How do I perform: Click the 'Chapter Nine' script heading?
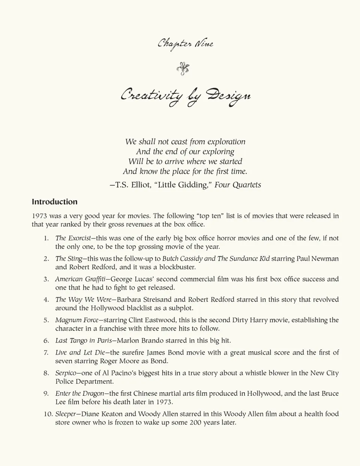(x=185, y=44)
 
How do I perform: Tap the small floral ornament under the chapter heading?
(x=183, y=69)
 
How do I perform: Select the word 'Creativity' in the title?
(x=152, y=95)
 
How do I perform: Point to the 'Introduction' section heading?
(x=54, y=202)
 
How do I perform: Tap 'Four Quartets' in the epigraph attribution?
(x=238, y=185)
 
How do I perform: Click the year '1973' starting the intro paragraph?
(x=39, y=216)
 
